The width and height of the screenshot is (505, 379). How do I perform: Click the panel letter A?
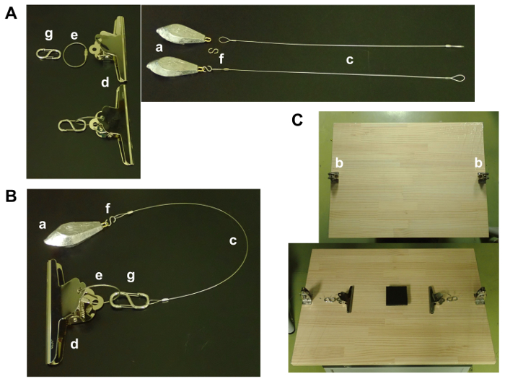click(x=11, y=14)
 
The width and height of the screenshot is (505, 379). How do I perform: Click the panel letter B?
click(x=11, y=196)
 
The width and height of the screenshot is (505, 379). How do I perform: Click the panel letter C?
click(x=297, y=120)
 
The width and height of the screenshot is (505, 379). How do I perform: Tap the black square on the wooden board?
click(x=397, y=295)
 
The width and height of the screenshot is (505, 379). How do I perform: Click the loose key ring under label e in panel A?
click(x=75, y=54)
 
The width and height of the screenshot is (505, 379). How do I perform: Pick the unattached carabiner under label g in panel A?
click(x=48, y=54)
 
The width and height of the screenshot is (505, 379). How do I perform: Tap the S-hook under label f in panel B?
click(x=111, y=220)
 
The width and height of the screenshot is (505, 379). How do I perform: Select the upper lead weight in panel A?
click(x=183, y=36)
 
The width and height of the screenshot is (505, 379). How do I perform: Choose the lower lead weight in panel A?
click(x=174, y=66)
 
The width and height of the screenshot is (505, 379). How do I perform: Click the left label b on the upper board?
click(x=339, y=163)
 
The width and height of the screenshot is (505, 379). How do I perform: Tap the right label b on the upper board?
click(x=478, y=163)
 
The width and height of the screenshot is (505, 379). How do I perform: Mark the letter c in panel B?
click(x=233, y=240)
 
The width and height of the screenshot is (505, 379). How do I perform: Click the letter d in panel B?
click(x=74, y=344)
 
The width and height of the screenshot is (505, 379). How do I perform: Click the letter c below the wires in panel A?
click(x=350, y=60)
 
